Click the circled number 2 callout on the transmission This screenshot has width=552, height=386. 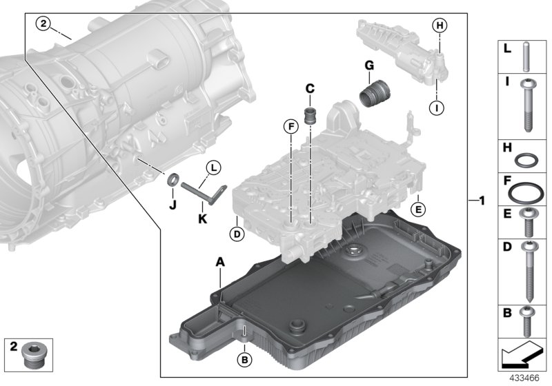(x=43, y=25)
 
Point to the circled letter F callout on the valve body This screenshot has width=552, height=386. (x=293, y=126)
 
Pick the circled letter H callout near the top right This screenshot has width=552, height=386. (x=439, y=26)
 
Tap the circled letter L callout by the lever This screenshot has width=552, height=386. (x=214, y=167)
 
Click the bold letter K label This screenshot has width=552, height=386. (x=203, y=219)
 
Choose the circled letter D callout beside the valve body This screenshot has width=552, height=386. (x=236, y=234)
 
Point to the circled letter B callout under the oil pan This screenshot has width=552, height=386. (x=243, y=359)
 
